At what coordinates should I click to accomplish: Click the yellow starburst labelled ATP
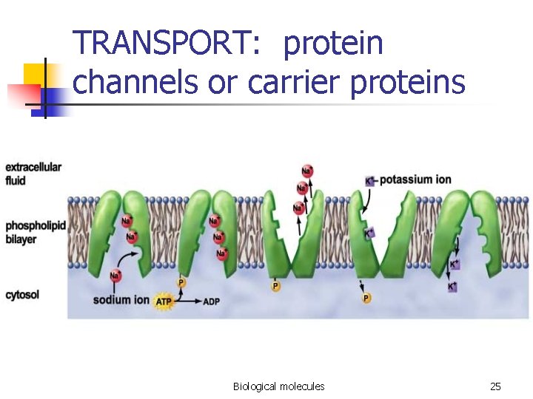164,302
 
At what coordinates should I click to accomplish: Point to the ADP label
210,302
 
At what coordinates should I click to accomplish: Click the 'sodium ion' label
121,300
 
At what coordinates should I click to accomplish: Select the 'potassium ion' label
415,180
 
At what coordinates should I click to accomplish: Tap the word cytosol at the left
22,295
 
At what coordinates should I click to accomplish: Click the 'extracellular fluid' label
33,173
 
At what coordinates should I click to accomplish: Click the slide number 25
495,386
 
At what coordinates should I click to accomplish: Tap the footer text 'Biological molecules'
278,386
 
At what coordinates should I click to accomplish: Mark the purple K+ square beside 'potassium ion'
369,180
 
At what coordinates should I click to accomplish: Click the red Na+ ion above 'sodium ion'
115,276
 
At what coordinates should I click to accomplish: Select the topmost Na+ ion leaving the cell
306,171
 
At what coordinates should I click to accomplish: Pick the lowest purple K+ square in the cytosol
452,286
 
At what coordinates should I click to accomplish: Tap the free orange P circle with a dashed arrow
366,298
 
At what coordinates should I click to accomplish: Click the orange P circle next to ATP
181,282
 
